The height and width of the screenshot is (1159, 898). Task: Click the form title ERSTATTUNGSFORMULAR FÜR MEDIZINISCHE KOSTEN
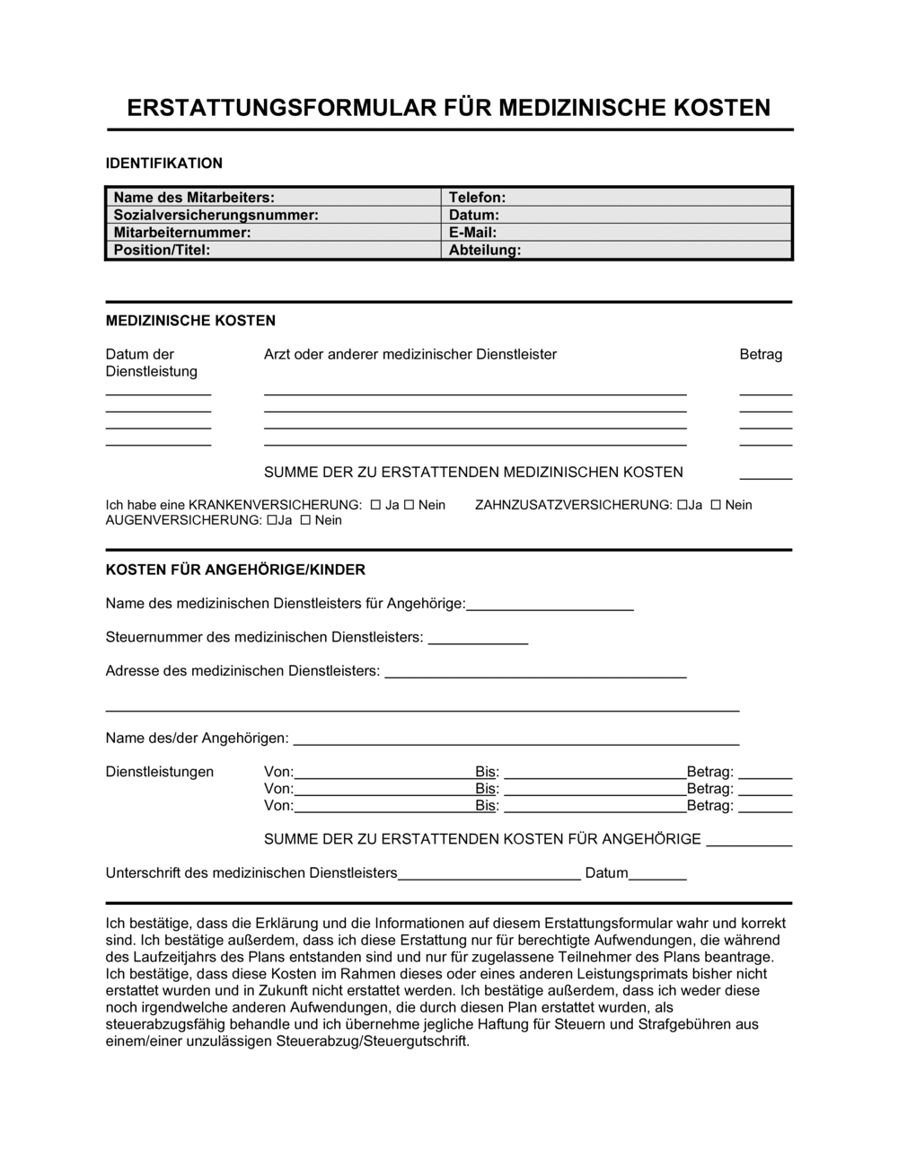(x=448, y=108)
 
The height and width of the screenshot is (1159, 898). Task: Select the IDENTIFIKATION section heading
(x=163, y=163)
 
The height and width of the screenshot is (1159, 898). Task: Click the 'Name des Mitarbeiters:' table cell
(x=274, y=198)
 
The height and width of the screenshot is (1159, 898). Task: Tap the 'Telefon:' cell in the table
(x=616, y=198)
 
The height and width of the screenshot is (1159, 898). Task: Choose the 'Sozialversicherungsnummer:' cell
(x=274, y=215)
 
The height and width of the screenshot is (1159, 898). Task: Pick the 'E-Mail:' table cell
(x=616, y=233)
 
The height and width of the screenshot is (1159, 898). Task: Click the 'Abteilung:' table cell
(x=616, y=250)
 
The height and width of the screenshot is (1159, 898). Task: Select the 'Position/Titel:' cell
(x=274, y=250)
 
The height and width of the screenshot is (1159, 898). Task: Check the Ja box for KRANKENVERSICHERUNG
(x=375, y=505)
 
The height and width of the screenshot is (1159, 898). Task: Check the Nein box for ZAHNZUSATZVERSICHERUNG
(x=716, y=505)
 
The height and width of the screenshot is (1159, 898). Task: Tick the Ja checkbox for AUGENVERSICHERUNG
(x=272, y=520)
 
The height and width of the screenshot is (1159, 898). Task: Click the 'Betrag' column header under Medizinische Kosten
(x=761, y=354)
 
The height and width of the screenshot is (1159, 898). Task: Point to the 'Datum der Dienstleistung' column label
(x=151, y=362)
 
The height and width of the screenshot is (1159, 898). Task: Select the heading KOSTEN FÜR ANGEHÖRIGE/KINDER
(x=235, y=570)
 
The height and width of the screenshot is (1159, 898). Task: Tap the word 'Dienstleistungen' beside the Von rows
(x=160, y=772)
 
